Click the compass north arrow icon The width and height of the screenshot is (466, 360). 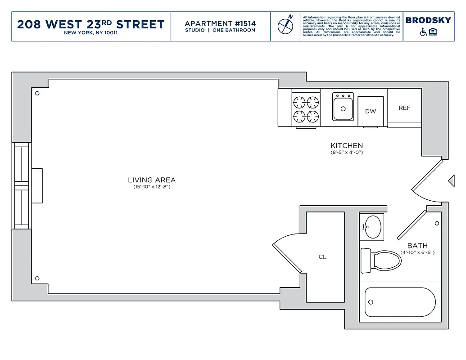285,25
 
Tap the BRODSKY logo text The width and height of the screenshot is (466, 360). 428,20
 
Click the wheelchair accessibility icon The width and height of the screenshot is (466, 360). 423,32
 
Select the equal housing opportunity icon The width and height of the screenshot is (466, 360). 433,31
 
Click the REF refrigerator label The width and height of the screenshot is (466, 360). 404,108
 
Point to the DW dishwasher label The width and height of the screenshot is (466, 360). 371,111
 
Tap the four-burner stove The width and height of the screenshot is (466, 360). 306,110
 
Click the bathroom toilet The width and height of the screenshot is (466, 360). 380,261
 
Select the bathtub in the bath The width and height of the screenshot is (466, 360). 400,302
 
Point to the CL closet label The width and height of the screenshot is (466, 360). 322,257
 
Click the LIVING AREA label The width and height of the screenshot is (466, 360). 152,180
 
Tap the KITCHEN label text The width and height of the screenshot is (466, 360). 347,146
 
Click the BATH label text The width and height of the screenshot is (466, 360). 417,246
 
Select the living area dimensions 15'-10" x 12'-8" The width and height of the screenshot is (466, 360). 152,187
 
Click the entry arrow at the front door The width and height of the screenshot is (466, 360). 451,180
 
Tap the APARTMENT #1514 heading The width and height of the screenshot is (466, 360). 220,23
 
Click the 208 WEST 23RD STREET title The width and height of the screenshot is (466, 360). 90,24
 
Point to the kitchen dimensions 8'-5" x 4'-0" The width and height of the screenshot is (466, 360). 347,153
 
